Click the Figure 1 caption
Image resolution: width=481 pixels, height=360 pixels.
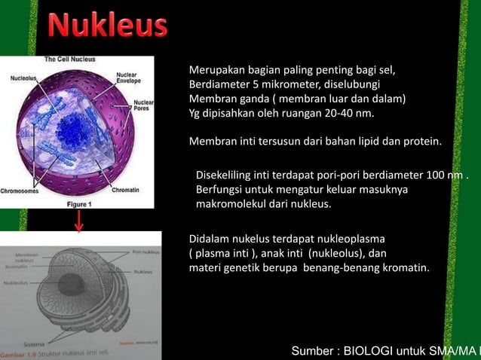(x=79, y=203)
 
